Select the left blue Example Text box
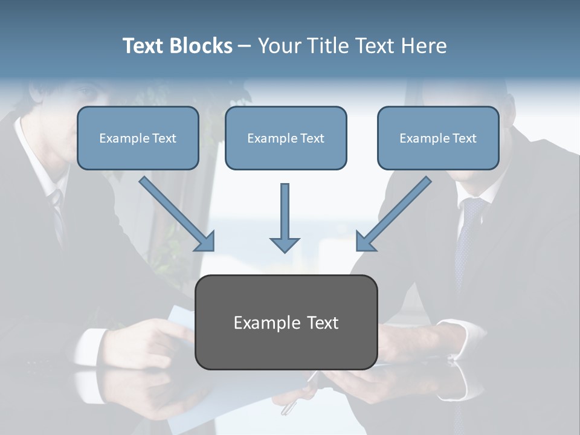[x=138, y=138]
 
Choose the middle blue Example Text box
[x=286, y=138]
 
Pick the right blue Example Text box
[x=438, y=138]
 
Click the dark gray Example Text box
[x=286, y=323]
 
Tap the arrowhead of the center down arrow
[x=285, y=244]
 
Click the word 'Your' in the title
[x=279, y=46]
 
